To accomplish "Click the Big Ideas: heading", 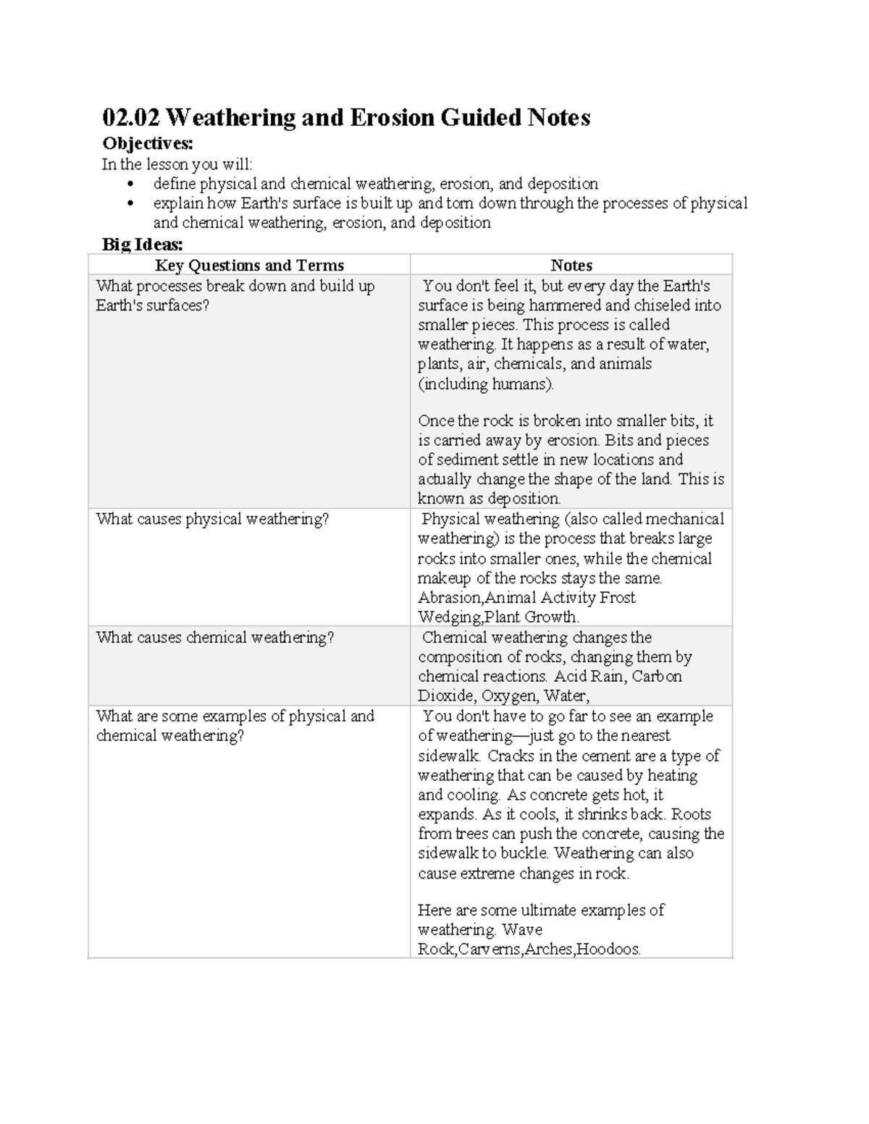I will point(142,244).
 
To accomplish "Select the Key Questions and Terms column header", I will point(249,265).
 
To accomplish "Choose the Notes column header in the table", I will point(571,265).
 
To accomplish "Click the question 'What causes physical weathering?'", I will point(212,519).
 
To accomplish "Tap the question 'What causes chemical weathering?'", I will point(215,638).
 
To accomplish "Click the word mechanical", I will point(684,519).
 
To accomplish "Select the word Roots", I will point(691,814).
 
